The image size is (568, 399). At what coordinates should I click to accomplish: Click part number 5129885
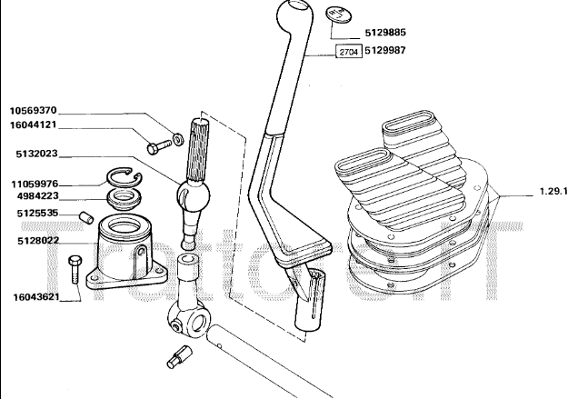point(386,33)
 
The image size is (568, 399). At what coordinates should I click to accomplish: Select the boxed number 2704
point(346,52)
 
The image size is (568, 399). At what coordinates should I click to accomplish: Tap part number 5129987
point(386,52)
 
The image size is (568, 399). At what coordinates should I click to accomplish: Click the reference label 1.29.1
point(547,192)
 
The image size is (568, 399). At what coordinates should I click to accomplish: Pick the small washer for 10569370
point(179,139)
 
